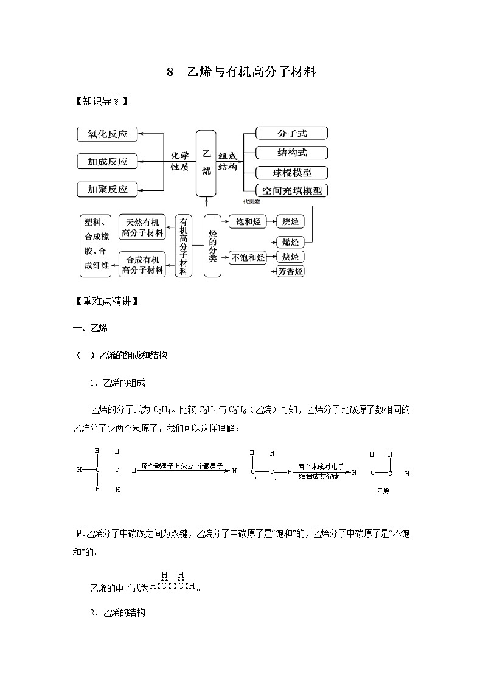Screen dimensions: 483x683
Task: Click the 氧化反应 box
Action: click(107, 134)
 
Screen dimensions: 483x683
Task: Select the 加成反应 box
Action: click(107, 162)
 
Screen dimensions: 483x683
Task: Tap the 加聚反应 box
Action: click(107, 189)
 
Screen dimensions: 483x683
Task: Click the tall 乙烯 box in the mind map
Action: click(206, 162)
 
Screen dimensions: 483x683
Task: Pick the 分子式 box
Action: click(291, 133)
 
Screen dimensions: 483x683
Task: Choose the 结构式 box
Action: click(291, 152)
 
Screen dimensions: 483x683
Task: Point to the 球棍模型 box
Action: click(291, 172)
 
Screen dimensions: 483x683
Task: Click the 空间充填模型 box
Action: click(291, 190)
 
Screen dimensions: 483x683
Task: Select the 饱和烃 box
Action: click(248, 222)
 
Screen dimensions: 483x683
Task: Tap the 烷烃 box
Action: click(290, 222)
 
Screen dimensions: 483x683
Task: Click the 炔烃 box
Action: click(290, 257)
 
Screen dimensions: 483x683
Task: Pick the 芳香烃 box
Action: click(290, 271)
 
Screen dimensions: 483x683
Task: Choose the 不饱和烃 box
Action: click(248, 257)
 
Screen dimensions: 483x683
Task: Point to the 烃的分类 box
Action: click(212, 246)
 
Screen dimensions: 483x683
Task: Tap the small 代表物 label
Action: click(251, 201)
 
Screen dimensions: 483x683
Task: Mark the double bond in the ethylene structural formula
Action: click(380, 473)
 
